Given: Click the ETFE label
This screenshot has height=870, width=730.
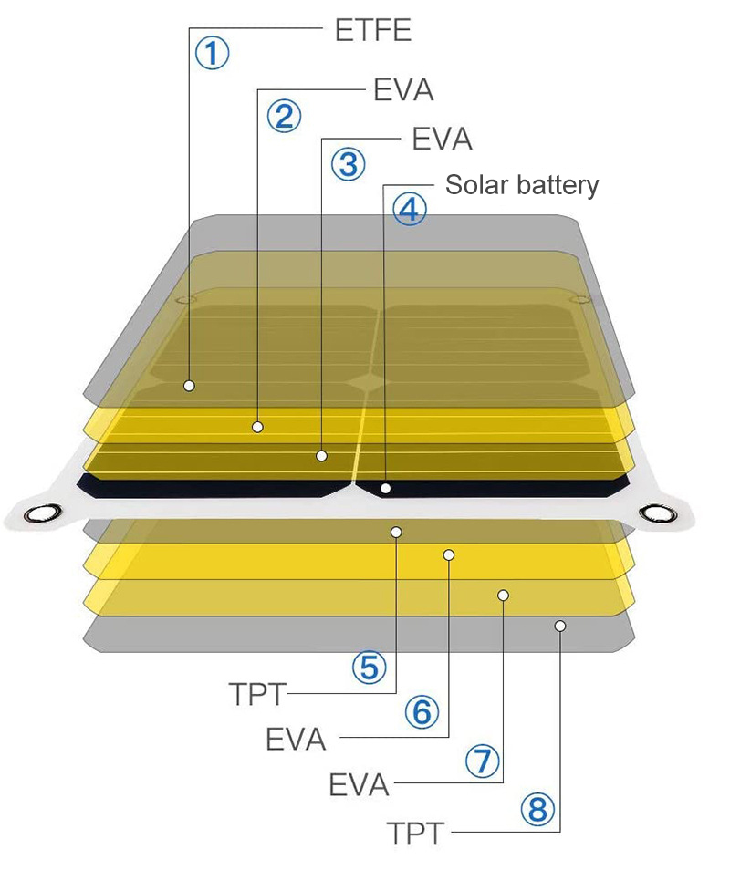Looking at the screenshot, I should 372,30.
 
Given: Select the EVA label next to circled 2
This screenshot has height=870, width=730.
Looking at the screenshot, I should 403,90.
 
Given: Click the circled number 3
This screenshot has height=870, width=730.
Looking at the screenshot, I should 348,165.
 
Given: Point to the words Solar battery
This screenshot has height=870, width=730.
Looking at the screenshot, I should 522,185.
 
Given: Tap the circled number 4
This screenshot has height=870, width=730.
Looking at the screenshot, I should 409,210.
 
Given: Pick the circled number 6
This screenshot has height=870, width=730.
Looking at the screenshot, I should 422,712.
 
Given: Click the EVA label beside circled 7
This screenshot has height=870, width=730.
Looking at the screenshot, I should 359,785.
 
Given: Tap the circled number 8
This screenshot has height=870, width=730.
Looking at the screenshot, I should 537,808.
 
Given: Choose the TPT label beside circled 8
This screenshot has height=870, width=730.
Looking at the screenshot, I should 415,833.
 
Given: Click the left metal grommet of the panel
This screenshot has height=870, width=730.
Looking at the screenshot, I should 40,514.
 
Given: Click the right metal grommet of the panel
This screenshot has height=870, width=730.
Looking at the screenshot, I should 654,514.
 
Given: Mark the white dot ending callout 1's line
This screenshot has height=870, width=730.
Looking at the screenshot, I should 189,386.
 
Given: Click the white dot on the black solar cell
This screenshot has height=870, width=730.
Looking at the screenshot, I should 386,490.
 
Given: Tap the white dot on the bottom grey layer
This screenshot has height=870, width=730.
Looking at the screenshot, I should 560,626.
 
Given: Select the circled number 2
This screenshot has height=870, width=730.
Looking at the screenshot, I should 283,116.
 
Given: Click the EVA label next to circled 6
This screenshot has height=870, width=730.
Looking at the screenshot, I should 296,739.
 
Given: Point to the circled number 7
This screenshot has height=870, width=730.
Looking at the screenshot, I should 483,761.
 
